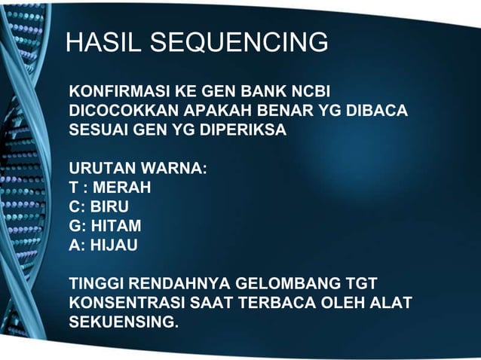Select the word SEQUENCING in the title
pos(240,43)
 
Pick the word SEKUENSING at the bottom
pos(124,322)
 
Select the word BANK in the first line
pos(263,93)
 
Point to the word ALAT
pos(391,303)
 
